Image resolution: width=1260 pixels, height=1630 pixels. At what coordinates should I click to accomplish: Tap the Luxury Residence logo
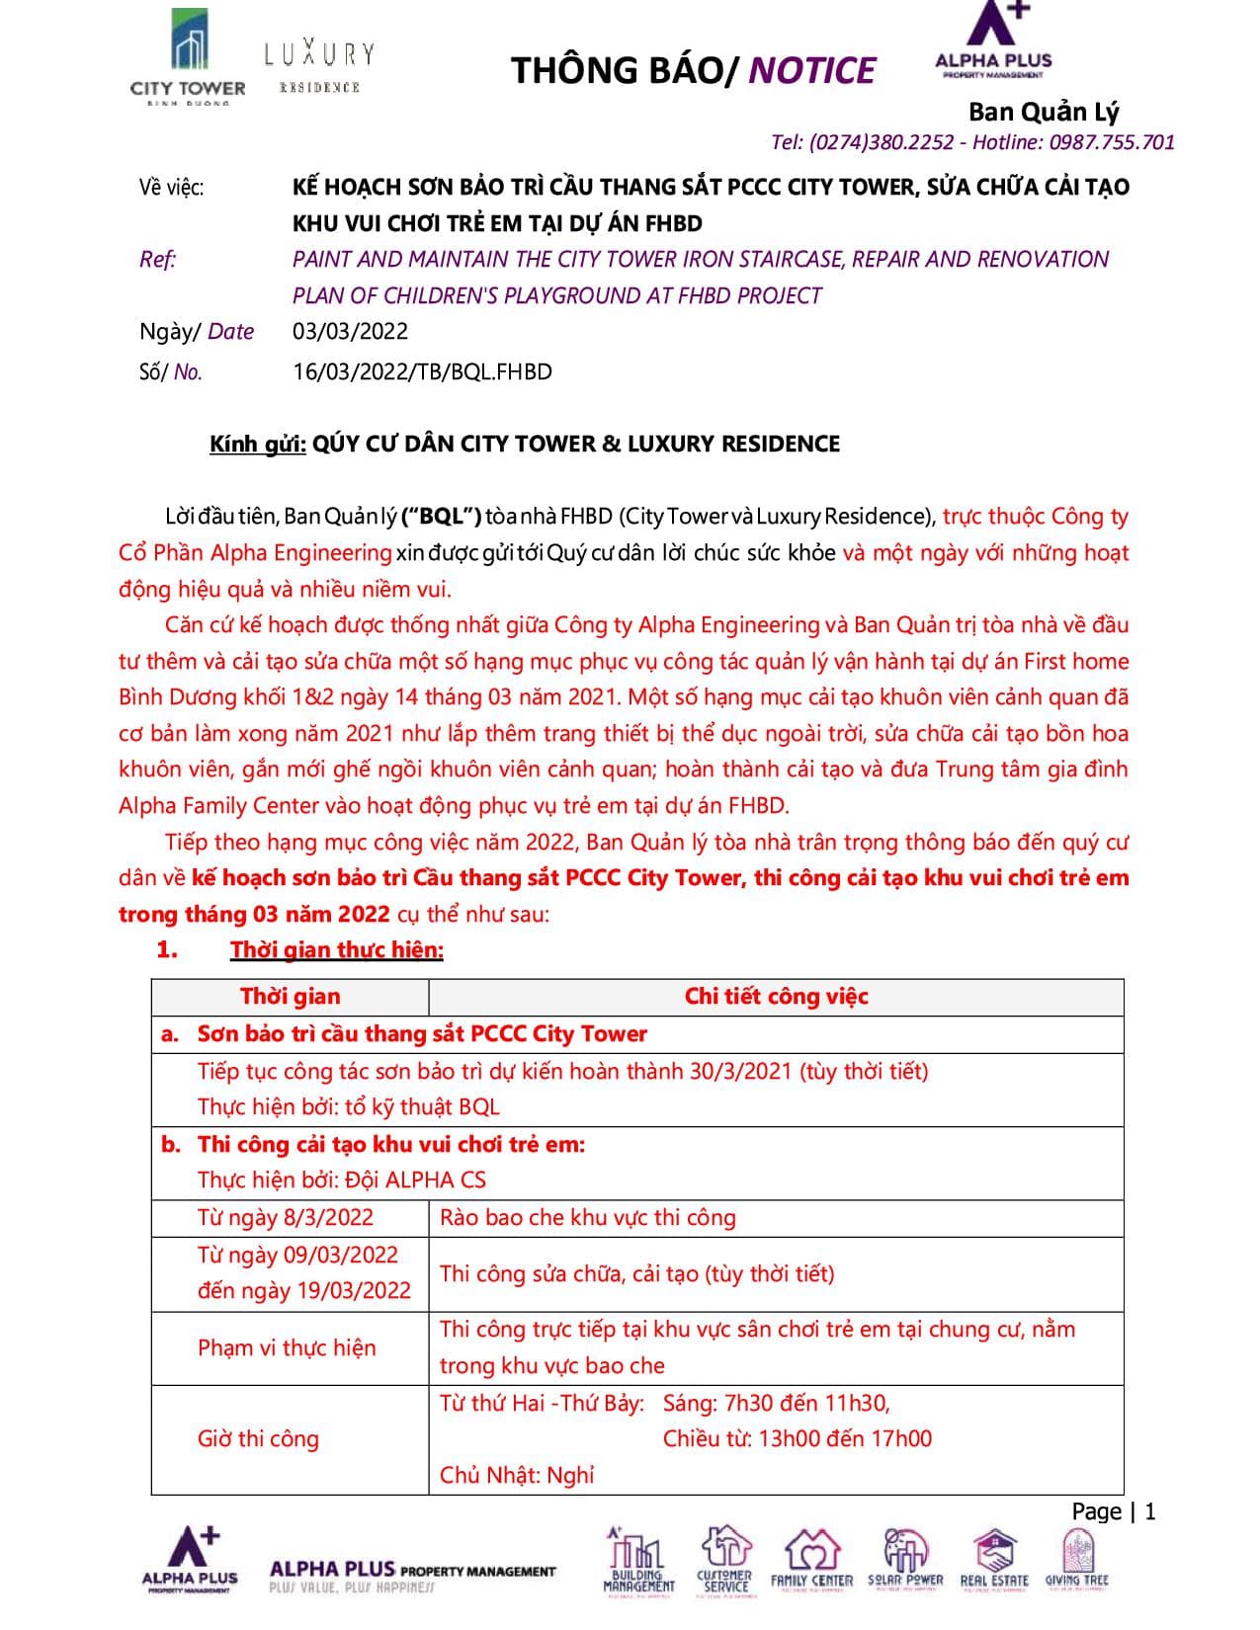point(319,65)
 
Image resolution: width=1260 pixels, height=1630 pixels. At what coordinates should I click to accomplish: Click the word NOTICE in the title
point(811,71)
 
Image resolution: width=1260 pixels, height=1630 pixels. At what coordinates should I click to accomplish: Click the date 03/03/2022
point(350,332)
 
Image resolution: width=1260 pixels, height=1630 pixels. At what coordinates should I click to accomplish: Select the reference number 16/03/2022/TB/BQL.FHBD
point(422,372)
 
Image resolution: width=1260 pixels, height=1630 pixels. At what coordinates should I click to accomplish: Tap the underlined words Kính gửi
point(257,445)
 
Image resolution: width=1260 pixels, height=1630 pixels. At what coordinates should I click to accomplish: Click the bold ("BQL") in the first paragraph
point(441,517)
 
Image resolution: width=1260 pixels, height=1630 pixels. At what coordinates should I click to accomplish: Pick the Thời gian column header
point(290,997)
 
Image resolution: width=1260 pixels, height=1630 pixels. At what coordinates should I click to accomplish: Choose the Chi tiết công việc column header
point(776,997)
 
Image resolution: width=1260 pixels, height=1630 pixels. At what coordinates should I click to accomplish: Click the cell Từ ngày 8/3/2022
point(285,1218)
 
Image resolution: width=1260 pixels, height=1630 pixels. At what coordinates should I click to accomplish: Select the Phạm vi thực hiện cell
point(287,1348)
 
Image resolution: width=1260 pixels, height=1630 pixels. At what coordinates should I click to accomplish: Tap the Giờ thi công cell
point(258,1439)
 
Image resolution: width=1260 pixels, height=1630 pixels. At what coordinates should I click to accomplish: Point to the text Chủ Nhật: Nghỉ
point(517,1476)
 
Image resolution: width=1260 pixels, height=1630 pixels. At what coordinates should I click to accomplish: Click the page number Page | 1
point(1113,1512)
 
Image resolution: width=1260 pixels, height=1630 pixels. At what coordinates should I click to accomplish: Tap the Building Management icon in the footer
point(638,1561)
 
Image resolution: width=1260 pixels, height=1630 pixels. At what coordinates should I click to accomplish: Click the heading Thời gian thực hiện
point(337,950)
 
